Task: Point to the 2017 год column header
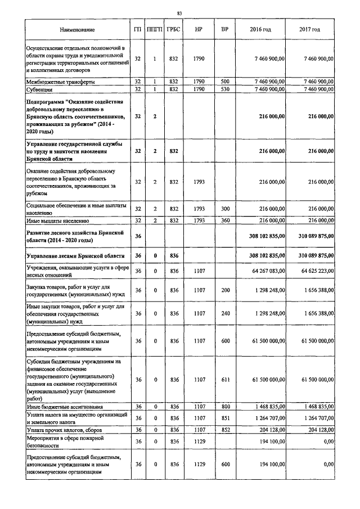tap(310, 30)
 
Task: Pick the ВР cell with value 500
tap(225, 82)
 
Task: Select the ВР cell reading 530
tap(225, 89)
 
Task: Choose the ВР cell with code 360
tap(225, 222)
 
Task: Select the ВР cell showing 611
tap(225, 380)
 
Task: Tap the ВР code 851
tap(225, 418)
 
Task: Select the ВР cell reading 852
tap(225, 430)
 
